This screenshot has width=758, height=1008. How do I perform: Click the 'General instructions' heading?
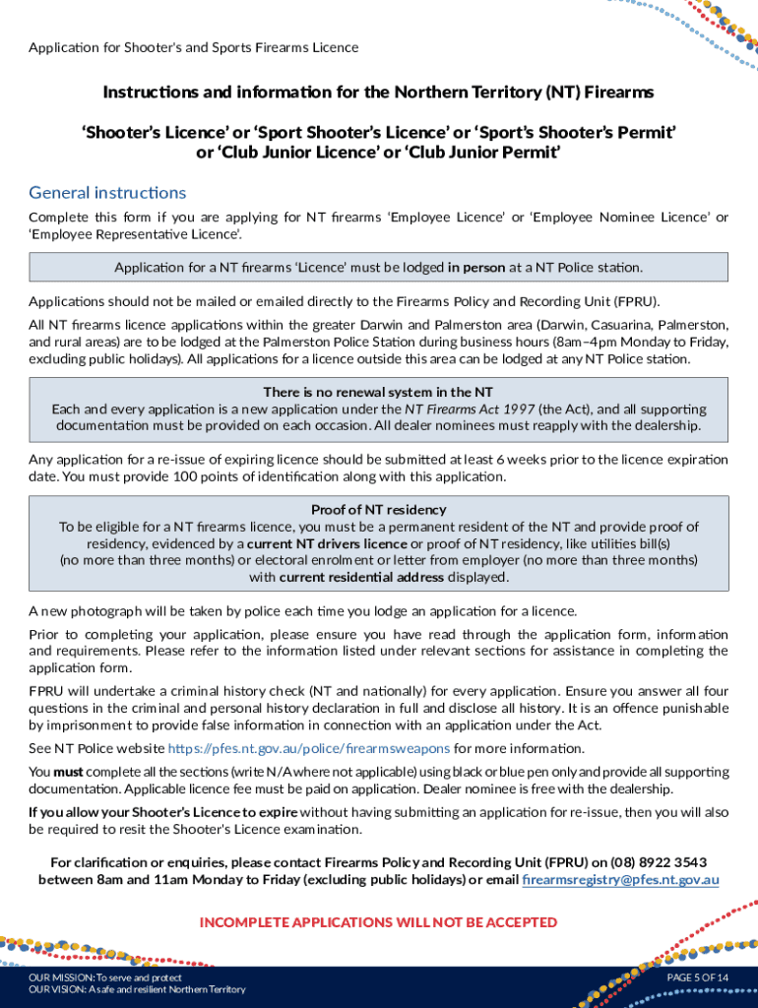pyautogui.click(x=107, y=192)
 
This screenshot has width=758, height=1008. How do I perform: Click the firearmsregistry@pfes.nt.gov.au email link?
pyautogui.click(x=620, y=879)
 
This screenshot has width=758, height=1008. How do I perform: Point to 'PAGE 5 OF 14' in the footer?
pyautogui.click(x=697, y=976)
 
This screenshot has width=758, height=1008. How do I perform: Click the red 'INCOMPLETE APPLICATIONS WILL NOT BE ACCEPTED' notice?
pyautogui.click(x=378, y=922)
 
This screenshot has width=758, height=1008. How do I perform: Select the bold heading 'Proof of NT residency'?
pyautogui.click(x=379, y=509)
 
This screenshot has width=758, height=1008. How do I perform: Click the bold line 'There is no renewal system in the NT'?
pyautogui.click(x=379, y=391)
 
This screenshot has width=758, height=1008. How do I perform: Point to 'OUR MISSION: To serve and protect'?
pyautogui.click(x=105, y=976)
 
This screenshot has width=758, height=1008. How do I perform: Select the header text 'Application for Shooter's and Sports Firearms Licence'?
pyautogui.click(x=194, y=47)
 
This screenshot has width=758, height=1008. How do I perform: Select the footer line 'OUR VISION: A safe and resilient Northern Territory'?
pyautogui.click(x=137, y=989)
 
